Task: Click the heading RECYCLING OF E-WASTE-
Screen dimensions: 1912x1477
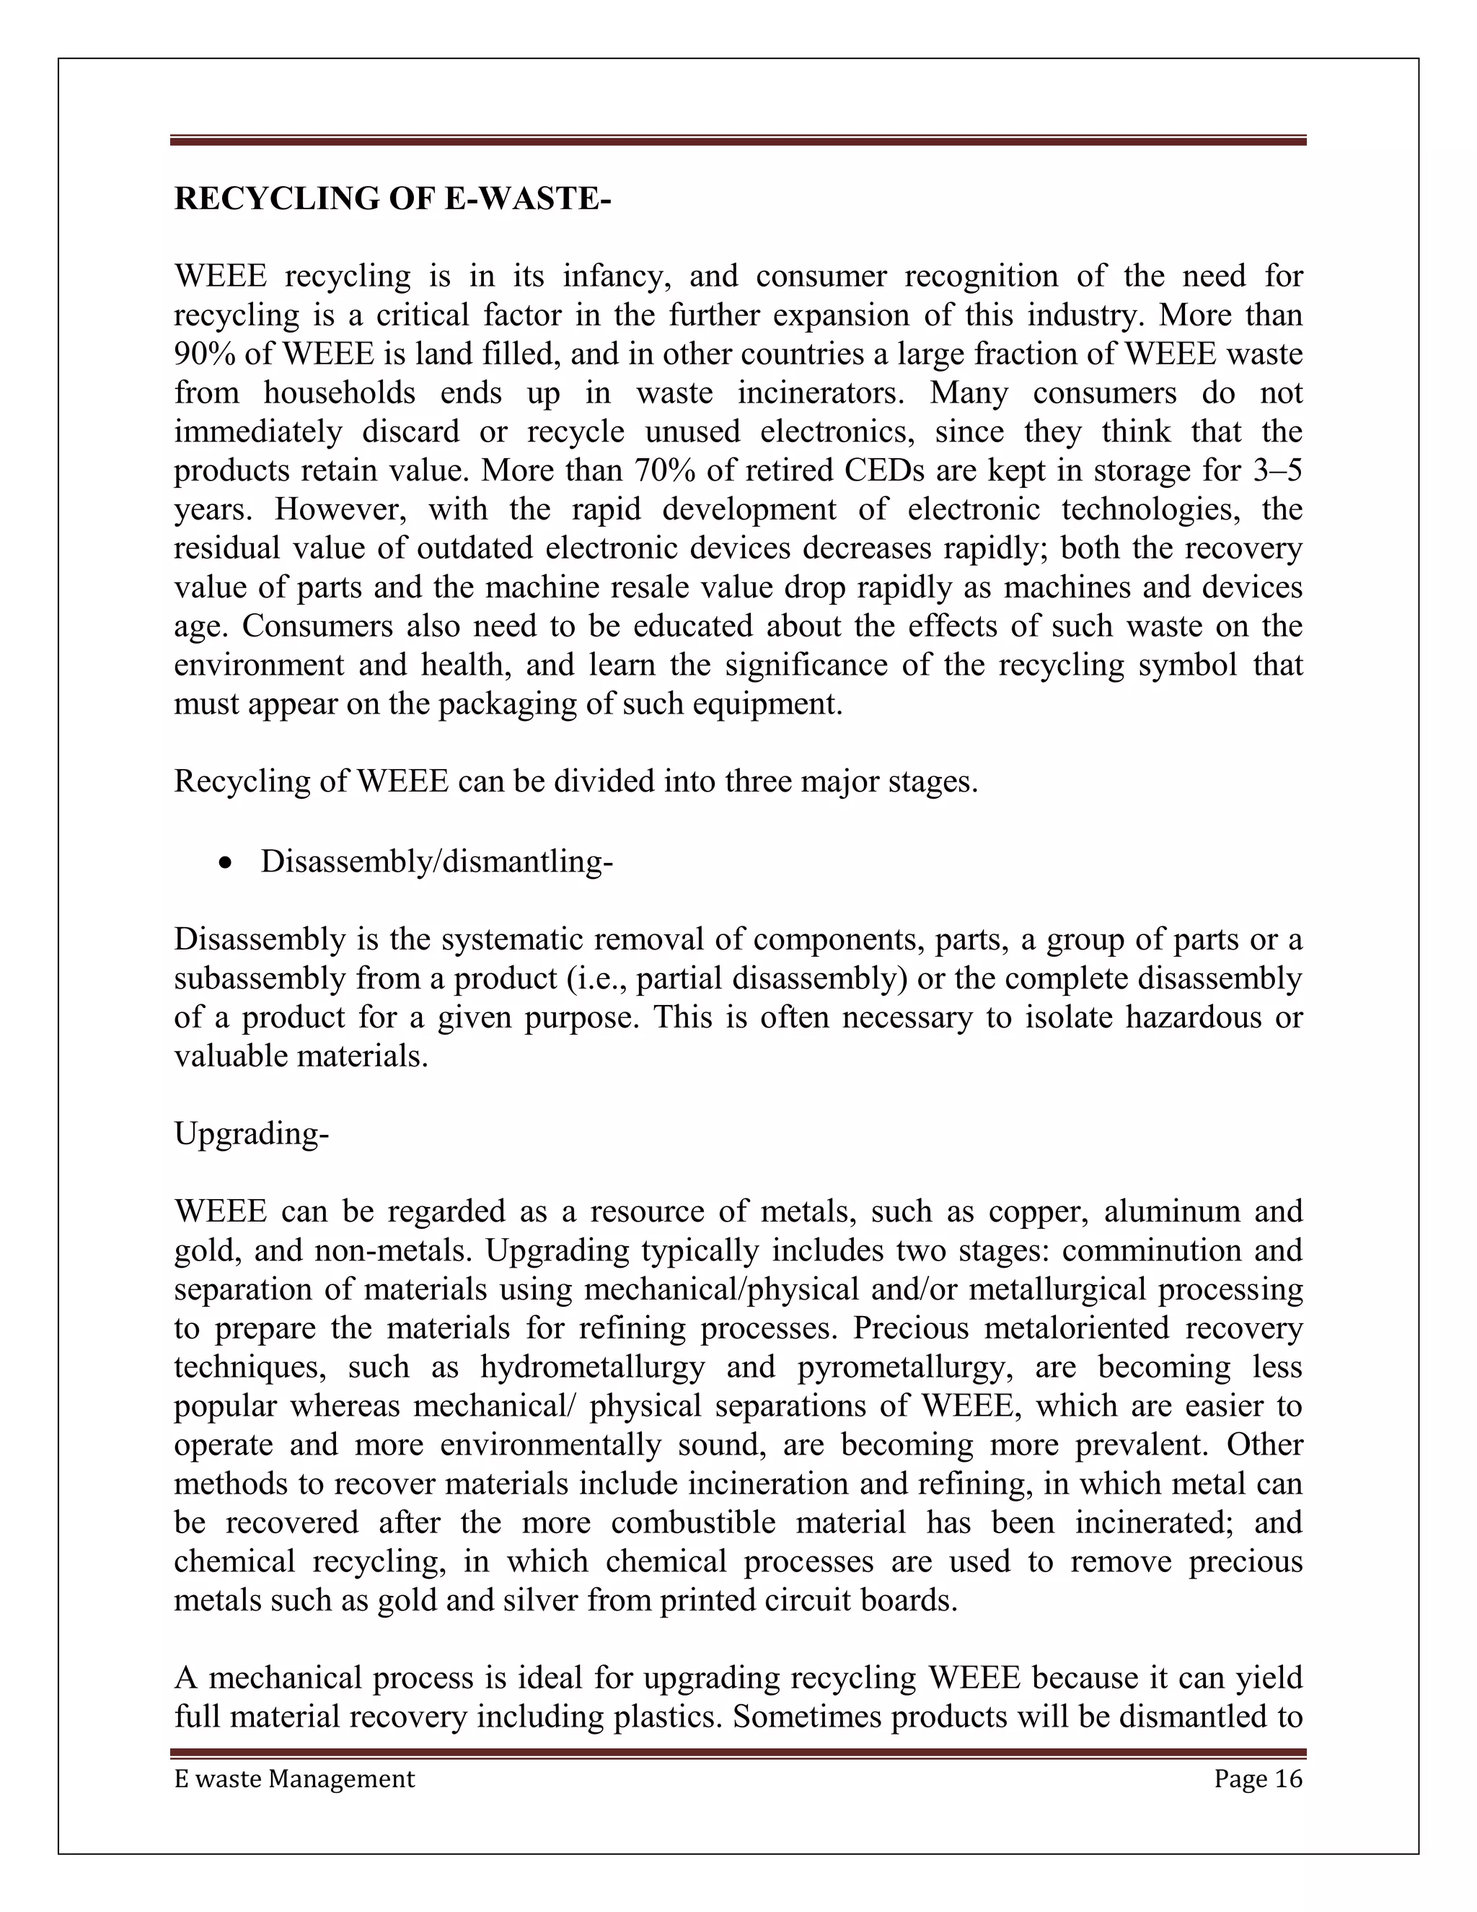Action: coord(392,198)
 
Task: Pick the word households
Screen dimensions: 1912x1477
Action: coord(340,393)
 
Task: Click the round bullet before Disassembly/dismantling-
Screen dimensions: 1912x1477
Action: coord(226,863)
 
